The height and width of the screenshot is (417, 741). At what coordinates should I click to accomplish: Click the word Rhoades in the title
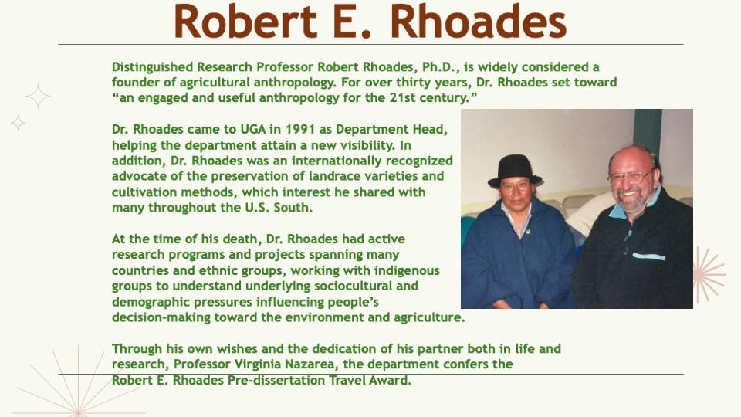point(479,22)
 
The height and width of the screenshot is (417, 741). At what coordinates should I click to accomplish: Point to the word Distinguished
point(153,67)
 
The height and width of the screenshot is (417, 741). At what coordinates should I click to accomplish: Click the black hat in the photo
point(515,171)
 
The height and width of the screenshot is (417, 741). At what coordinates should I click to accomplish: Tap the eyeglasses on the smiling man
point(631,177)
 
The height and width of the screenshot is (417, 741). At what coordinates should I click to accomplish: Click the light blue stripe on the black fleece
point(648,256)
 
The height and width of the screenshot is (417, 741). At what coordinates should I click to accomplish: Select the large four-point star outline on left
point(39,97)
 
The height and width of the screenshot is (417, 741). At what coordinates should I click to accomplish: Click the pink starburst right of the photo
point(709,274)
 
